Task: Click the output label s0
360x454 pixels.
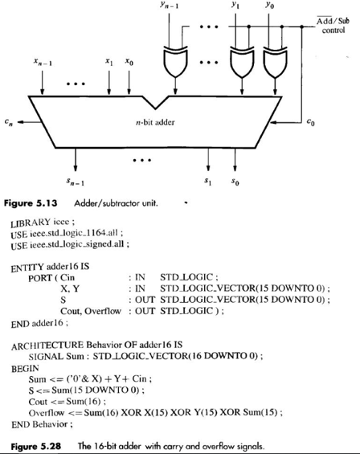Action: point(234,175)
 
